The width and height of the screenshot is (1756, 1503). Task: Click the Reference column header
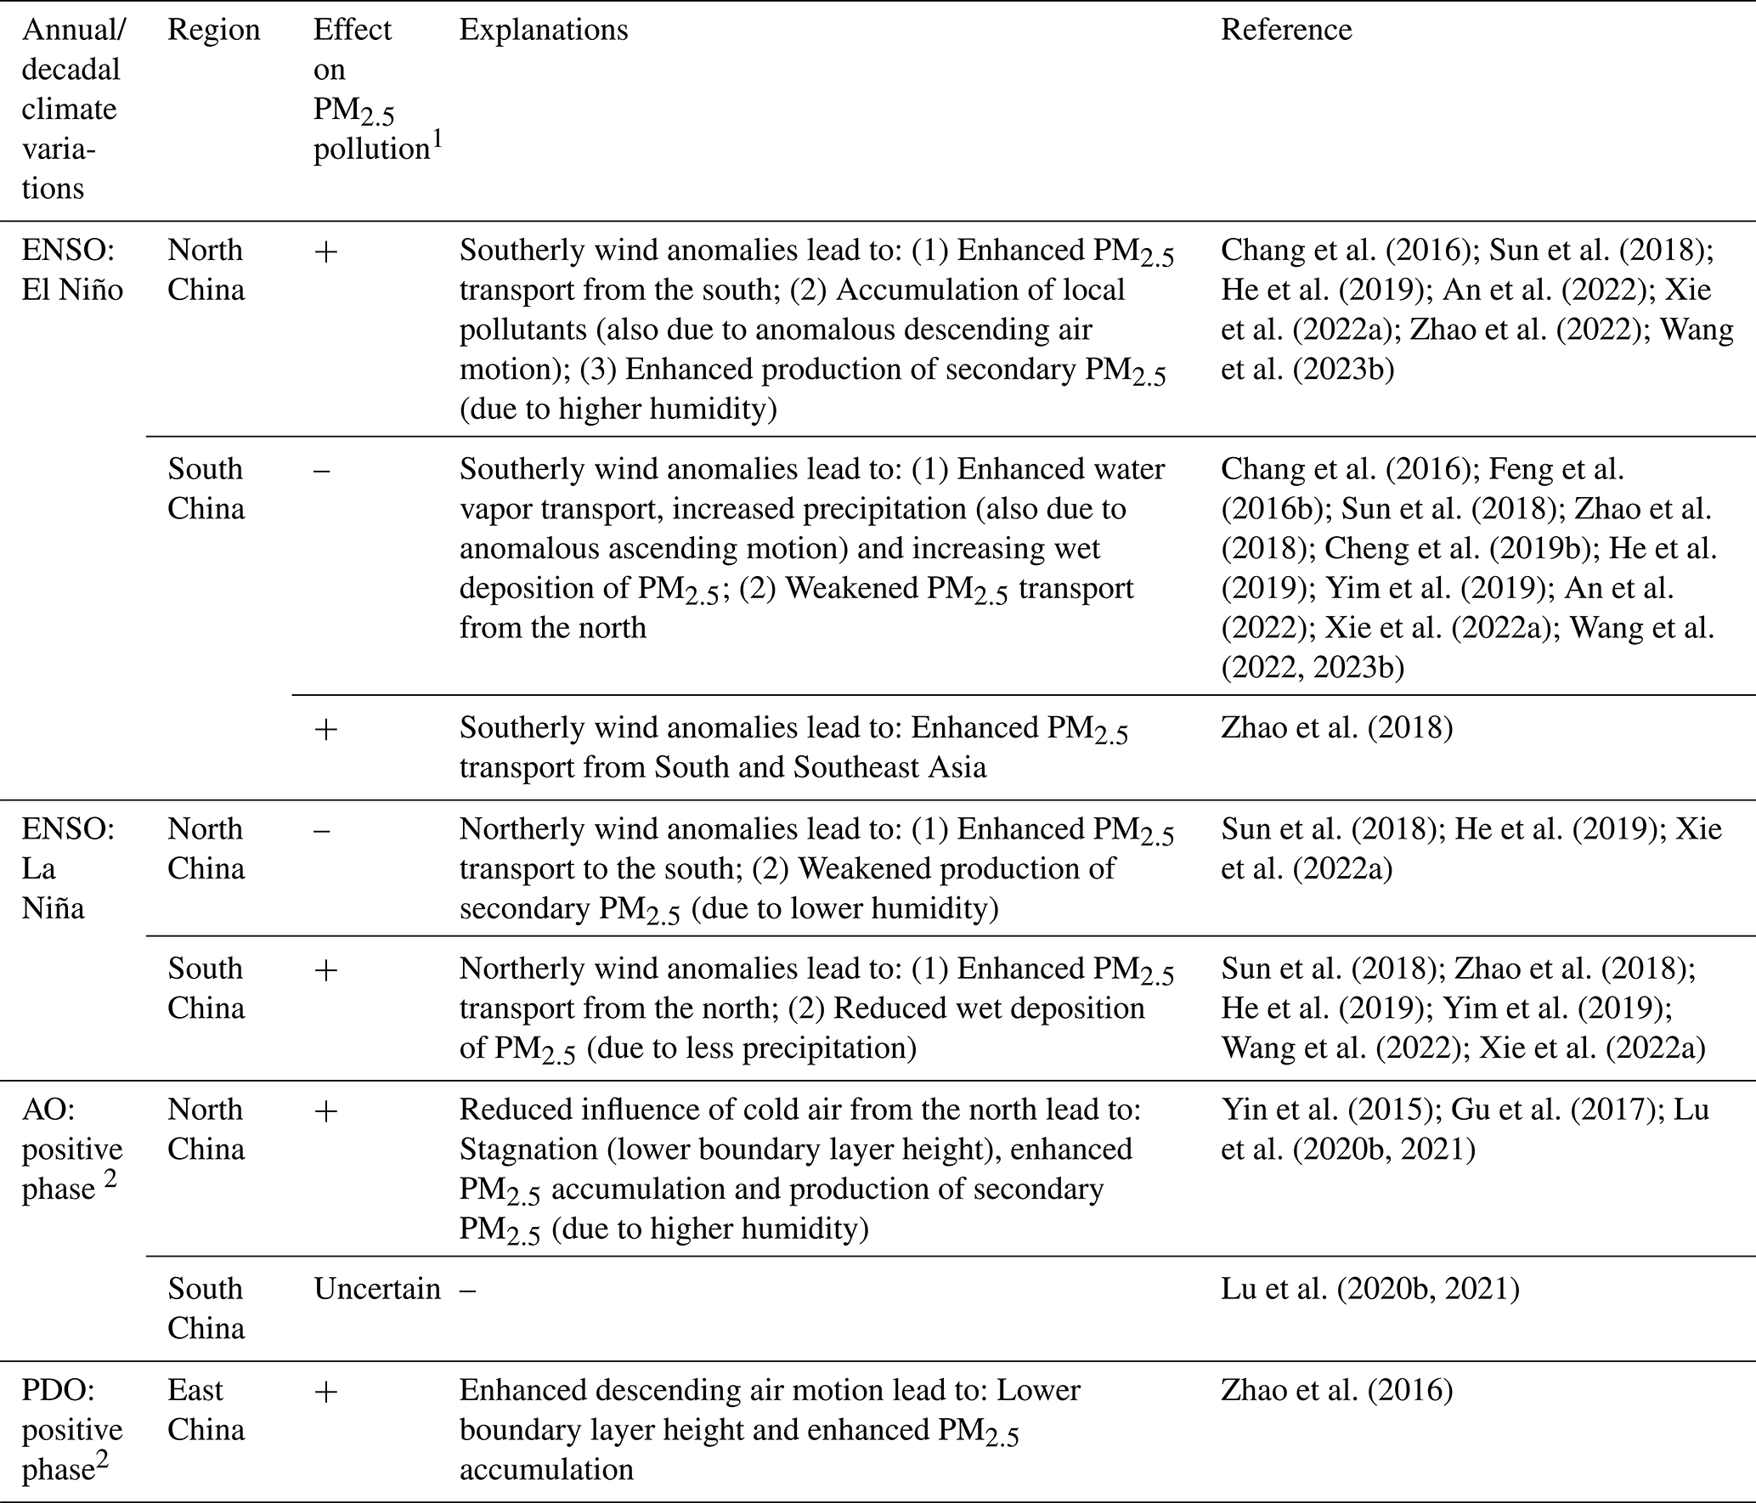click(1286, 31)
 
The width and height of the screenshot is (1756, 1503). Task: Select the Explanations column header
click(544, 31)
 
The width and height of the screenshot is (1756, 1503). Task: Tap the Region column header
click(213, 31)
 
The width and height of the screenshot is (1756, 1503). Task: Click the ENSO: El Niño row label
click(71, 270)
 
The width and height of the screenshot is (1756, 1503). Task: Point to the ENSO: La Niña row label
click(68, 868)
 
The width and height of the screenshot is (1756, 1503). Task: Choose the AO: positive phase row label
click(71, 1149)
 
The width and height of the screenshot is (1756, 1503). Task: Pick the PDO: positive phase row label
click(71, 1429)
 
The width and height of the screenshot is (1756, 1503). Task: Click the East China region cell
click(206, 1410)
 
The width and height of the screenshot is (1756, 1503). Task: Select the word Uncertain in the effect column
click(377, 1289)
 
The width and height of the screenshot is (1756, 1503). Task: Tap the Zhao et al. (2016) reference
click(1336, 1390)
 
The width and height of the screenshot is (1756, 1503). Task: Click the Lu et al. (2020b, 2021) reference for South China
click(1369, 1289)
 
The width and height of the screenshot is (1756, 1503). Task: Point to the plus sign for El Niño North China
click(325, 251)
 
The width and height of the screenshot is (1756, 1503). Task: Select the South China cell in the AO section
click(206, 1308)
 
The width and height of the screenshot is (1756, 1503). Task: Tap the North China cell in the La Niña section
click(206, 849)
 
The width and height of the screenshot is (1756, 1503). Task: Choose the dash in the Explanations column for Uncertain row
click(468, 1290)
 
